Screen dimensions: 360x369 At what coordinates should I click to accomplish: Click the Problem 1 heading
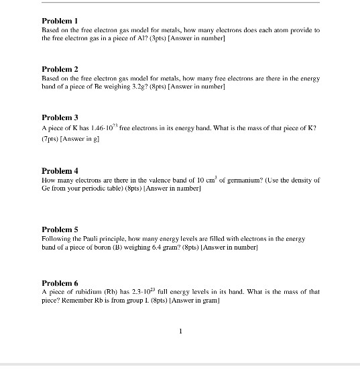[60, 21]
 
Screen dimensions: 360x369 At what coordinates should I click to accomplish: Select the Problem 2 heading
[60, 69]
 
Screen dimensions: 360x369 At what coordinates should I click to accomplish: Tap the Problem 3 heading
[60, 117]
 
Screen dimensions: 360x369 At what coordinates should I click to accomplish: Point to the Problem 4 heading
[60, 171]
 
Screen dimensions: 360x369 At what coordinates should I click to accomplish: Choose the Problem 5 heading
[60, 229]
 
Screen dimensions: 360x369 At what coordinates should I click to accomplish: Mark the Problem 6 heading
[60, 283]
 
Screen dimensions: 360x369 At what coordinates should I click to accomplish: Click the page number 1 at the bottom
[180, 331]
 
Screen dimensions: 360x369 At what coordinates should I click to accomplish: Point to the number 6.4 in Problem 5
[148, 248]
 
